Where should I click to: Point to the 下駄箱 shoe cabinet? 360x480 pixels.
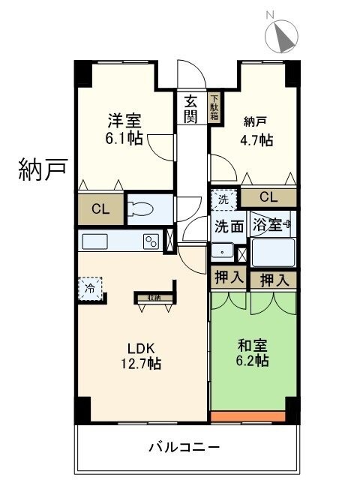[x=214, y=108]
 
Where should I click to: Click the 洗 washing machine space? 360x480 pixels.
[x=223, y=200]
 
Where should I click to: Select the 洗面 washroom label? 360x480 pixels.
[x=229, y=225]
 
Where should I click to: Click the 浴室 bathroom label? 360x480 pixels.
[x=268, y=224]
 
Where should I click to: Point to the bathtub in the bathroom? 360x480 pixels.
[x=272, y=252]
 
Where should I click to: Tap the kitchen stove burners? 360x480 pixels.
[x=151, y=242]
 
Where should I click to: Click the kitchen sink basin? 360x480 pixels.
[x=95, y=242]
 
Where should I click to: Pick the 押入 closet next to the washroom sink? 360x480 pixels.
[x=228, y=277]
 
